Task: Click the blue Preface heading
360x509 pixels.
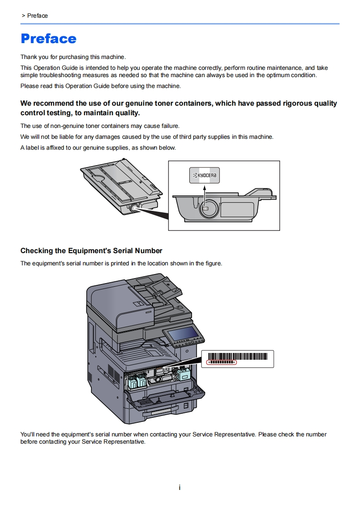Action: click(49, 39)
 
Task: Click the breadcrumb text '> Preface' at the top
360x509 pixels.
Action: click(35, 16)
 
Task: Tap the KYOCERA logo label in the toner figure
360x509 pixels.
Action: click(204, 176)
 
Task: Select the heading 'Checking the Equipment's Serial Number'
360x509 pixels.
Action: click(91, 251)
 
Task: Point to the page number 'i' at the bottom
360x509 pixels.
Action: click(180, 488)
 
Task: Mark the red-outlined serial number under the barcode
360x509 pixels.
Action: click(222, 362)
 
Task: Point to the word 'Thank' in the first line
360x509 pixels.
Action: click(29, 57)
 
